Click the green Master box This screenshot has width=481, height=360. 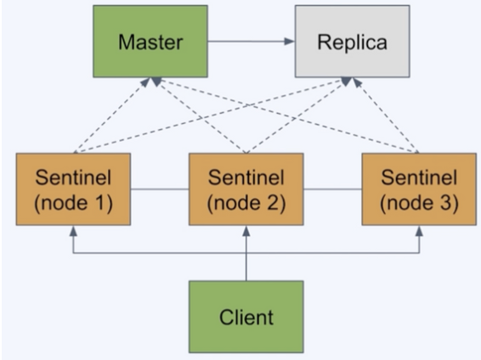pyautogui.click(x=150, y=42)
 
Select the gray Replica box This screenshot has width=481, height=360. pyautogui.click(x=352, y=42)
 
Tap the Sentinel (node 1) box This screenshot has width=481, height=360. pyautogui.click(x=73, y=189)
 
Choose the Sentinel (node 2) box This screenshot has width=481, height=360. pyautogui.click(x=246, y=189)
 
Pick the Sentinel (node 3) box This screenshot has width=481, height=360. pyautogui.click(x=419, y=189)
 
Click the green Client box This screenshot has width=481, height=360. pyautogui.click(x=246, y=317)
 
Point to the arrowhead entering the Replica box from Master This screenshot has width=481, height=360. pyautogui.click(x=289, y=42)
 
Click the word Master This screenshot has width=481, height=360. pyautogui.click(x=150, y=42)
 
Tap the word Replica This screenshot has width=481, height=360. pyautogui.click(x=352, y=42)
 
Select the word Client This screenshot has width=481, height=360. pyautogui.click(x=246, y=317)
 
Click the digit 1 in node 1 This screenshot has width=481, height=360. pyautogui.click(x=99, y=203)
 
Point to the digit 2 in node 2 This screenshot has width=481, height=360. pyautogui.click(x=271, y=203)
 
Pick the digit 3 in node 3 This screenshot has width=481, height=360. pyautogui.click(x=444, y=203)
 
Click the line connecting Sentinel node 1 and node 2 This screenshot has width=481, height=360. pyautogui.click(x=160, y=189)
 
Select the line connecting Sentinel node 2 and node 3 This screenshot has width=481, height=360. pyautogui.click(x=333, y=189)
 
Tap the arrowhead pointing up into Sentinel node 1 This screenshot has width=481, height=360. pyautogui.click(x=73, y=231)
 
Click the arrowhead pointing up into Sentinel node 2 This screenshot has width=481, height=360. pyautogui.click(x=246, y=231)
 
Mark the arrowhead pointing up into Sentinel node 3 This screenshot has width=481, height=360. pyautogui.click(x=419, y=231)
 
